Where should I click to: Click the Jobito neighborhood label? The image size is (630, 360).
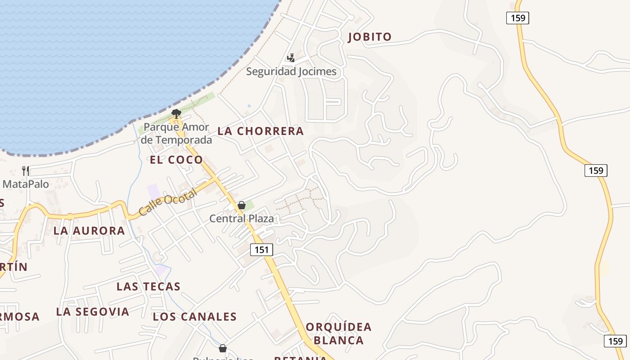point(370,37)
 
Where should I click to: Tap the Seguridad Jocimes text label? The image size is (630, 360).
point(291,72)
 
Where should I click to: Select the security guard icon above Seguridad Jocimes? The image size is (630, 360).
point(291,58)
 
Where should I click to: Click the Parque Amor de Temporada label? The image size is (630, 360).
point(176,134)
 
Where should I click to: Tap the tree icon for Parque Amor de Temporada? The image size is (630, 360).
point(176,113)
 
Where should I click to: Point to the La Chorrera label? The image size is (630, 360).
point(261,131)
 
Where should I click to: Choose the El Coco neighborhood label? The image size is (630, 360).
point(176,160)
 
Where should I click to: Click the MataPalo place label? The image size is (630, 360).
point(26,184)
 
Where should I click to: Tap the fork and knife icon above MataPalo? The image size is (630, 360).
point(26,171)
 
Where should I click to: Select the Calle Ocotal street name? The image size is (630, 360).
point(167,202)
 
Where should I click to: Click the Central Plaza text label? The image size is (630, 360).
point(242,219)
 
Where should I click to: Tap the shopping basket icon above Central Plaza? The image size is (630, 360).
point(242,206)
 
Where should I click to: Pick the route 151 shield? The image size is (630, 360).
point(261,250)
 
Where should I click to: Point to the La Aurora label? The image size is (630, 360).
point(89,231)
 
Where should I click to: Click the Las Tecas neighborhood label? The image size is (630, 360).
point(148,287)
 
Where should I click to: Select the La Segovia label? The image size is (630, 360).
point(93,311)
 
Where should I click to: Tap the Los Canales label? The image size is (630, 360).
point(195,317)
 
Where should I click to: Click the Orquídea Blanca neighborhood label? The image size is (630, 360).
point(339,333)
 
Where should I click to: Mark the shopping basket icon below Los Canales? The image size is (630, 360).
point(223,348)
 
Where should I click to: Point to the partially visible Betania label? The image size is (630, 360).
point(301,357)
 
